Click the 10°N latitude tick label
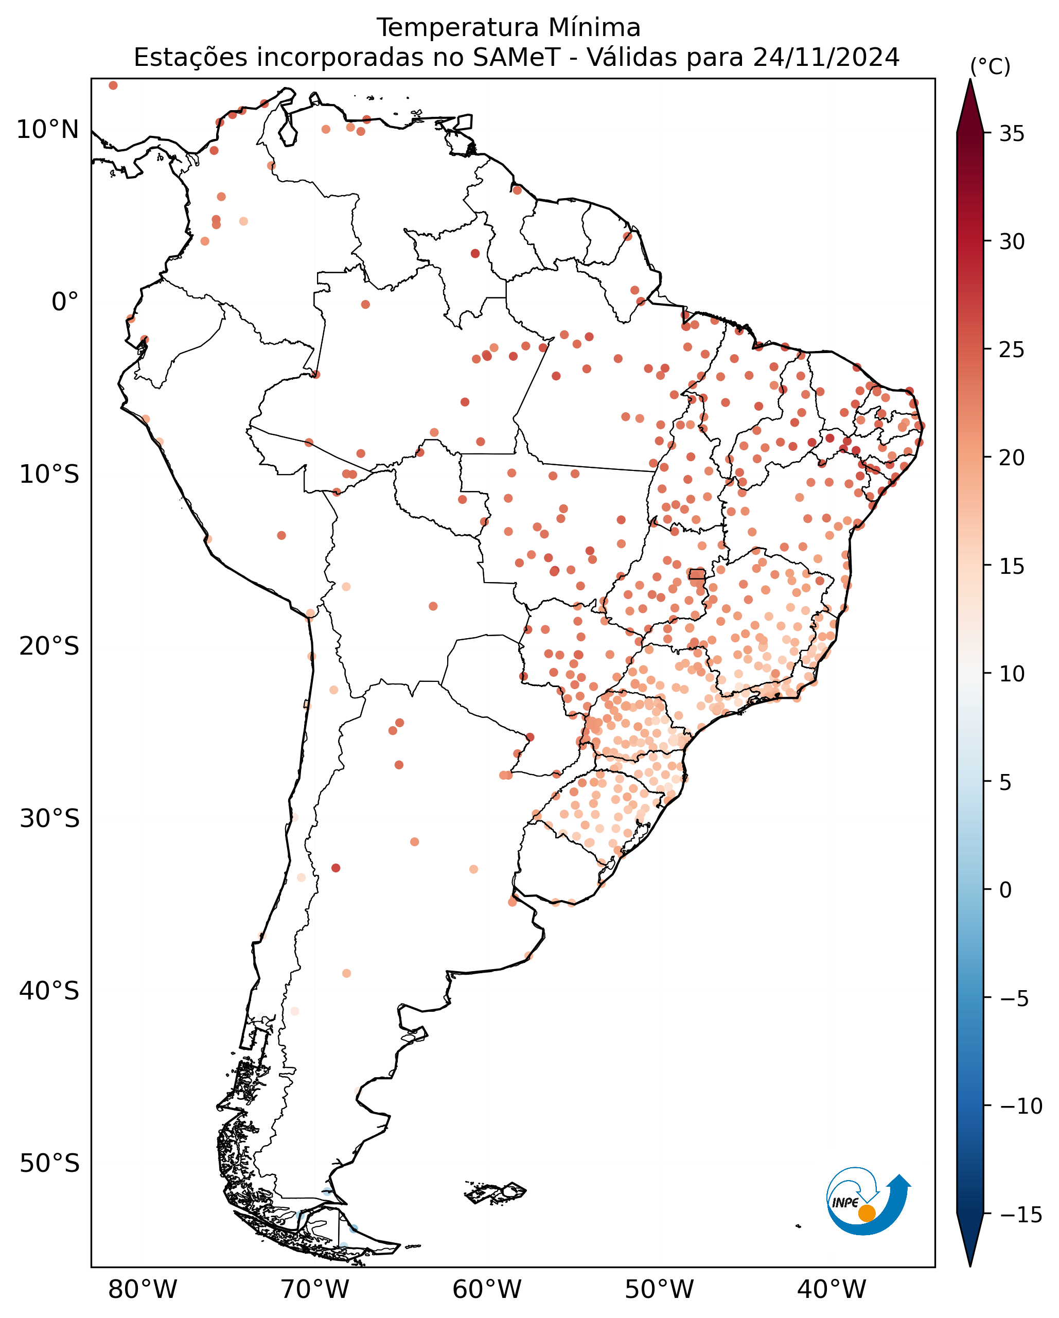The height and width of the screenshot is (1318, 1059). (x=48, y=130)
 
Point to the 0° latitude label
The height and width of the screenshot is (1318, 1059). (x=65, y=302)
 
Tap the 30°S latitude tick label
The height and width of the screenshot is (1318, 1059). (x=49, y=819)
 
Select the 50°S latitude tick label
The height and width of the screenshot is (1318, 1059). (x=49, y=1163)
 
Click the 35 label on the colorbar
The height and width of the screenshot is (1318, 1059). (x=1012, y=133)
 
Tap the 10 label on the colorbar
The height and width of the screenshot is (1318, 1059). (x=1012, y=674)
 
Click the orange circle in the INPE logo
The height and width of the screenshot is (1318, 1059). (x=867, y=1214)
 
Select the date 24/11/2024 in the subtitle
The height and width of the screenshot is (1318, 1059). (x=826, y=58)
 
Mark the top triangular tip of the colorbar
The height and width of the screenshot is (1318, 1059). (x=970, y=79)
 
